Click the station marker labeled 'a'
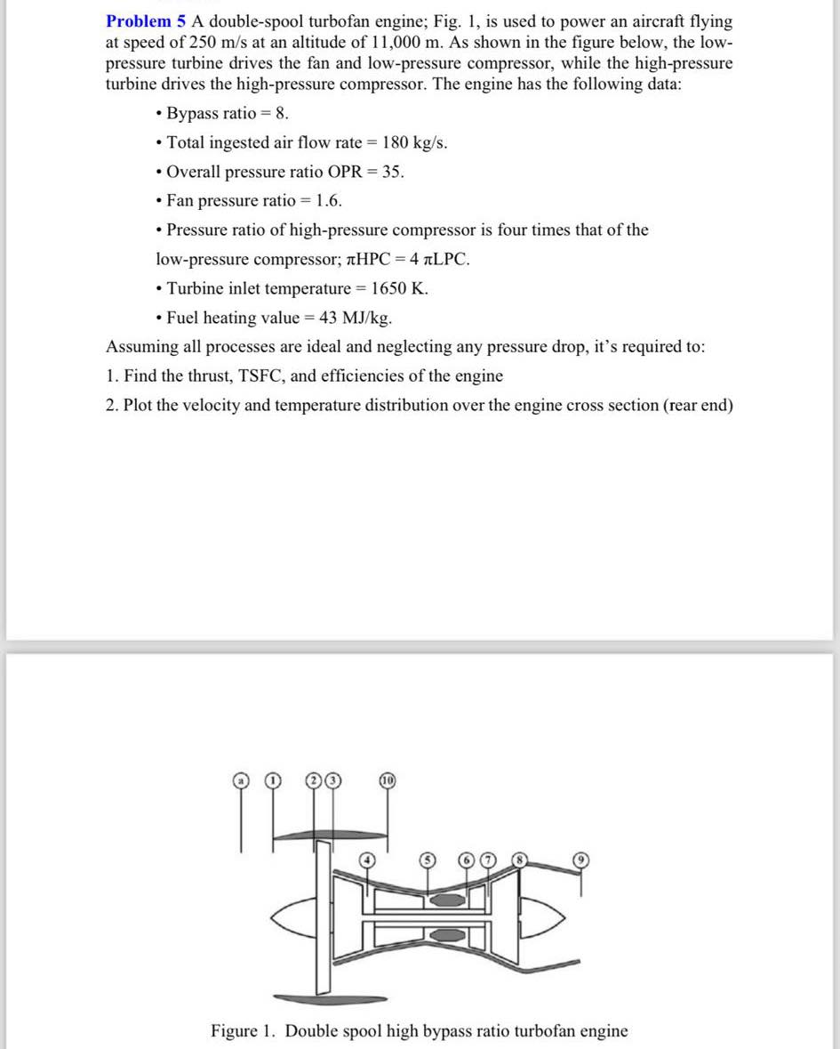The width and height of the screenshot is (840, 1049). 240,780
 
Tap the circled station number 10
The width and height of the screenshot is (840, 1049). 387,780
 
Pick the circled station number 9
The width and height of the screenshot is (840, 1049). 582,859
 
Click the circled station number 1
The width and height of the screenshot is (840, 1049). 275,780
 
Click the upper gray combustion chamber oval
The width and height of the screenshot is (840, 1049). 446,900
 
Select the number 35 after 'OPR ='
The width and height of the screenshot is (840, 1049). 392,172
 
